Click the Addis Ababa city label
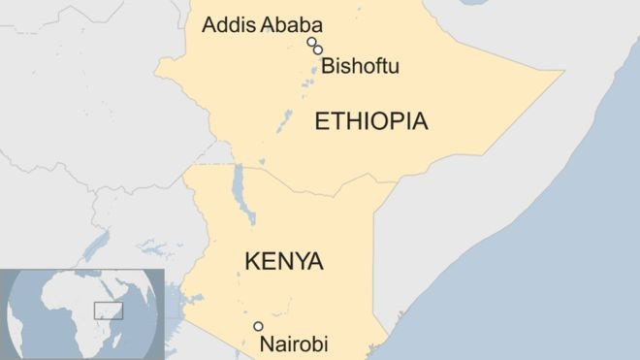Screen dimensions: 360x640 click(x=262, y=24)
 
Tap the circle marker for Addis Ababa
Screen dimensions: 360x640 click(x=311, y=42)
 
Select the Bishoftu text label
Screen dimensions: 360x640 click(x=360, y=67)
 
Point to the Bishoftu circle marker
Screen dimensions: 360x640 click(x=318, y=49)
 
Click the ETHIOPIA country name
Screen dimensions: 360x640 click(x=370, y=121)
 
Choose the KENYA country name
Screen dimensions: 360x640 click(x=284, y=262)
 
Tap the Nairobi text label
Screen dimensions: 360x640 click(x=294, y=344)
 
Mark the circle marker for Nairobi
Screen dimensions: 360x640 click(x=258, y=326)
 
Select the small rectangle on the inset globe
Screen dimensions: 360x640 click(x=106, y=311)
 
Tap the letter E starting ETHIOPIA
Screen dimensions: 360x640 click(x=321, y=121)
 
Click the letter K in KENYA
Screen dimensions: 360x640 click(x=252, y=262)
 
